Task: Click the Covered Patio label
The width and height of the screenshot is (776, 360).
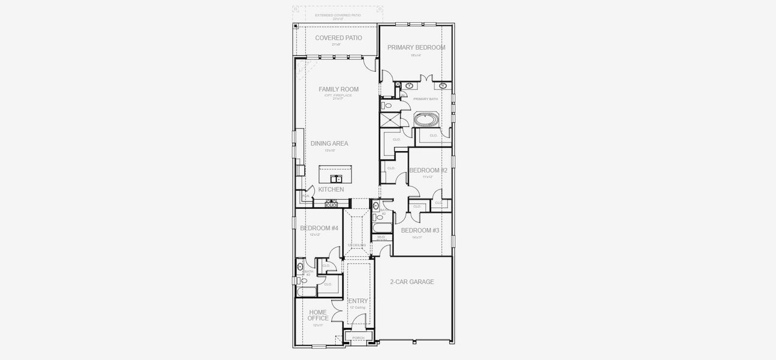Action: tap(338, 38)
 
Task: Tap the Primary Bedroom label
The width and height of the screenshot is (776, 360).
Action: tap(416, 47)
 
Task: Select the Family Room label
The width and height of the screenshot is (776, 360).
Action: tap(338, 89)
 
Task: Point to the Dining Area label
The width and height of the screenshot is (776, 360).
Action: tap(329, 143)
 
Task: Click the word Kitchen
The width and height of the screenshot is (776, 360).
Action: tap(331, 190)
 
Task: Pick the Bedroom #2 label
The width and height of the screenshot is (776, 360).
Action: tap(428, 170)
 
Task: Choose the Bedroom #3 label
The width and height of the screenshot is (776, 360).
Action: tap(420, 230)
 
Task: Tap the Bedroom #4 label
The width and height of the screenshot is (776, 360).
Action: tap(319, 228)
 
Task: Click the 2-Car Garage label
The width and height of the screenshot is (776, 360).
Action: tap(412, 281)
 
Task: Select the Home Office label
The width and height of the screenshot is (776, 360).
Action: tap(318, 315)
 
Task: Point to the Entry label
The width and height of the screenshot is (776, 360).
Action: tap(358, 301)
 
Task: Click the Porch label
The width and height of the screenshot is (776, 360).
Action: tap(358, 338)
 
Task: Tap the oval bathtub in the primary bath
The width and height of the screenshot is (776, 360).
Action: tap(426, 119)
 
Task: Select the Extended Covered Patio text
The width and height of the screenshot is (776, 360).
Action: tap(338, 15)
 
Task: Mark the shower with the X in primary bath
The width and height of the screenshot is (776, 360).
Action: tap(390, 119)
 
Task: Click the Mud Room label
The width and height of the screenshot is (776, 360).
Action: tap(381, 238)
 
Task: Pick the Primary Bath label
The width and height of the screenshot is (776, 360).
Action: tap(425, 98)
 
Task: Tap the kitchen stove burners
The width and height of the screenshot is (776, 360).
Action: tap(331, 204)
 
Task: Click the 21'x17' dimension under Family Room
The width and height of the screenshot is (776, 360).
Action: tap(338, 98)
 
